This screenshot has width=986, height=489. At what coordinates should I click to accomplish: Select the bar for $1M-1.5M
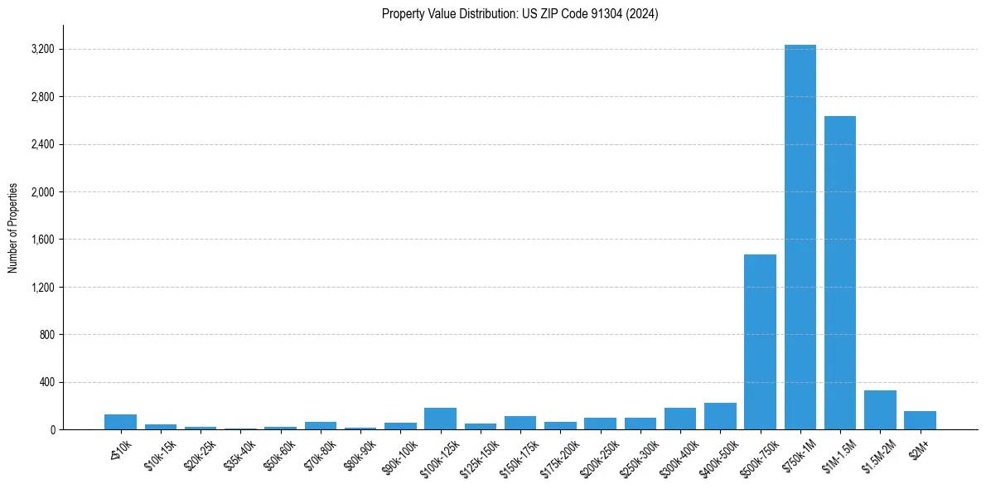pyautogui.click(x=839, y=273)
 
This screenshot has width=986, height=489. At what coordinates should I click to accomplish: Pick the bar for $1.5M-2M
pyautogui.click(x=880, y=410)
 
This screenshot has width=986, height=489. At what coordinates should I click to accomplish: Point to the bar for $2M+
pyautogui.click(x=920, y=420)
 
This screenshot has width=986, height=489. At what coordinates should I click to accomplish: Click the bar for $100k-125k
pyautogui.click(x=440, y=419)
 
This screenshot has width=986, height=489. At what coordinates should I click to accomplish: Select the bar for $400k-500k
pyautogui.click(x=720, y=416)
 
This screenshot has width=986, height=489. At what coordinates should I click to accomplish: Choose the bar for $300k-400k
pyautogui.click(x=680, y=419)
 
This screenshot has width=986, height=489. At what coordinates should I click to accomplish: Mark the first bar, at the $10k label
pyautogui.click(x=120, y=422)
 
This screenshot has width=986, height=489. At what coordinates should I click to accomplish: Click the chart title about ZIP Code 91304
pyautogui.click(x=520, y=14)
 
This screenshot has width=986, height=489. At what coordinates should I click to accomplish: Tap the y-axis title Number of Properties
pyautogui.click(x=13, y=228)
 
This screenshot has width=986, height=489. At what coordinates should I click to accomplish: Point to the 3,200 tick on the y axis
pyautogui.click(x=42, y=50)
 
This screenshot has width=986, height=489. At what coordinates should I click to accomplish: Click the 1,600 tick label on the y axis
pyautogui.click(x=42, y=240)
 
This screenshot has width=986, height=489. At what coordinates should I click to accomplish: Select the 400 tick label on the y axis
pyautogui.click(x=46, y=383)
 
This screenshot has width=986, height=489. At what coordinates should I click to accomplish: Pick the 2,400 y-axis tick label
pyautogui.click(x=42, y=145)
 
